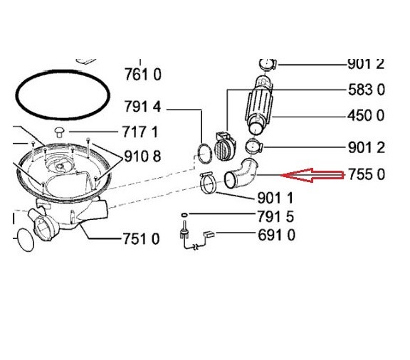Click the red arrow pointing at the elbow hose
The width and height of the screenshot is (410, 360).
(312, 175)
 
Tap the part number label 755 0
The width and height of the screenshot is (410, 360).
(367, 174)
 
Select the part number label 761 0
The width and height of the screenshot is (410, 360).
(142, 74)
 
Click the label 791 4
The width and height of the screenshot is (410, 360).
(142, 107)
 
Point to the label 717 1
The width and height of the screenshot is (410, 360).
(140, 132)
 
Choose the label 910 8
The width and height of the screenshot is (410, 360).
(142, 157)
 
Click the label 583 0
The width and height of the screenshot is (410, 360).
(367, 90)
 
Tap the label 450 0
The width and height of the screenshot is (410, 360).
(366, 115)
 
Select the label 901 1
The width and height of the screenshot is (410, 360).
(275, 198)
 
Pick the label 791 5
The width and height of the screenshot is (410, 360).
(275, 216)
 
